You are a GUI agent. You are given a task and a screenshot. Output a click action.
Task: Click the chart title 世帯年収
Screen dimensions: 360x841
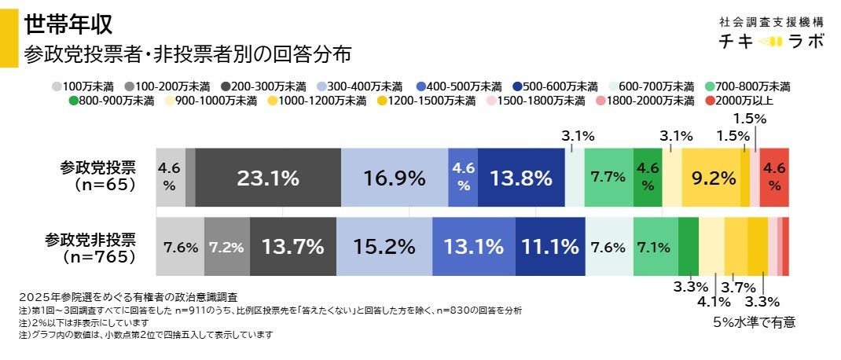(x=68, y=24)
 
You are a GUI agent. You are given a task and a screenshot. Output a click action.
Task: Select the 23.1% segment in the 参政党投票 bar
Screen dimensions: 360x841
(x=268, y=178)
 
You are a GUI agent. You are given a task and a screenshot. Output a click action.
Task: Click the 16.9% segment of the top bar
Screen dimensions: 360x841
(x=395, y=178)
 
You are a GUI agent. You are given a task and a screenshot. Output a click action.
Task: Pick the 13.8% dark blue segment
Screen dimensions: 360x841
(x=521, y=178)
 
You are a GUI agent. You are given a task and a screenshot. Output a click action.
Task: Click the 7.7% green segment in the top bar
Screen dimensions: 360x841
(x=609, y=178)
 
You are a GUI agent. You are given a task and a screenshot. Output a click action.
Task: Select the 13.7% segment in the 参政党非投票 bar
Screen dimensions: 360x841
(x=292, y=247)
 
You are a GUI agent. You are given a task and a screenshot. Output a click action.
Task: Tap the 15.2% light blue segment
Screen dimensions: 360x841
(x=384, y=247)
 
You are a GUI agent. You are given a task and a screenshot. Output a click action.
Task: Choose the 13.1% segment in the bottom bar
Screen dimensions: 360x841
(x=473, y=247)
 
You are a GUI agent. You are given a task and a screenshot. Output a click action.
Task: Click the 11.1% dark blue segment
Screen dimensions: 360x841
(x=550, y=247)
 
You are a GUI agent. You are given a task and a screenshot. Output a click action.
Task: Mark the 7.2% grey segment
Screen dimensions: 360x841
(x=227, y=247)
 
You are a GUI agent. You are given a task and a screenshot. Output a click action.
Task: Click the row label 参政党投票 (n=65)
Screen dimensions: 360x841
(x=97, y=176)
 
